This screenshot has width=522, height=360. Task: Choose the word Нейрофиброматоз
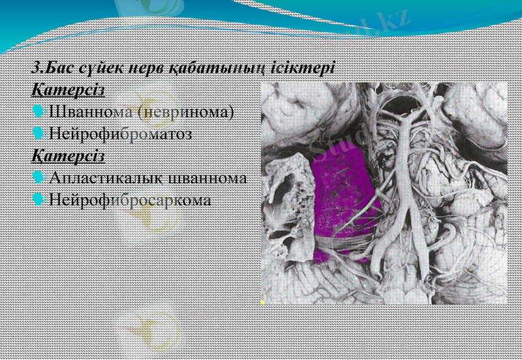[x=121, y=134]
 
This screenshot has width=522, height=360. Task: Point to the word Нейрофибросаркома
[x=130, y=200]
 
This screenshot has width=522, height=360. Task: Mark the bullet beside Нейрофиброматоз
[x=38, y=133]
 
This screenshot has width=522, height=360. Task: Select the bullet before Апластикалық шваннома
[x=38, y=177]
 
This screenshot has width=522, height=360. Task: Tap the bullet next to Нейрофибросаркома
[x=38, y=200]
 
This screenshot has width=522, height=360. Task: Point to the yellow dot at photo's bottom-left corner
[x=262, y=303]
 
